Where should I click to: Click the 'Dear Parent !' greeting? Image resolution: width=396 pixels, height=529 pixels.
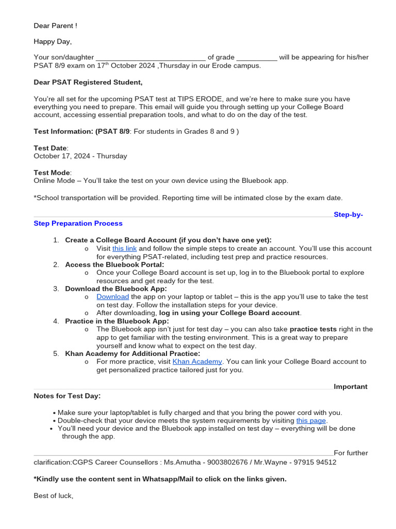(55, 25)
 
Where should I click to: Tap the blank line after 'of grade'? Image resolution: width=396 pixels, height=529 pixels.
(257, 57)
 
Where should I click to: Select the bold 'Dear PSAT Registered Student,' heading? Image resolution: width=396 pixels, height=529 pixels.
(88, 82)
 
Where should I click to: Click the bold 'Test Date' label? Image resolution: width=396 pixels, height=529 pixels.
(50, 148)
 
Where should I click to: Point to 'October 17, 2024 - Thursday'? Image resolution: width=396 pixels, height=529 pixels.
(80, 155)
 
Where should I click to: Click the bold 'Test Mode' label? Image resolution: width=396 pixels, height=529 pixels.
(52, 173)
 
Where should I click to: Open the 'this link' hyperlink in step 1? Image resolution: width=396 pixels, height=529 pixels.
(124, 248)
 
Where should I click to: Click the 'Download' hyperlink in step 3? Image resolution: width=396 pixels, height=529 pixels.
(112, 297)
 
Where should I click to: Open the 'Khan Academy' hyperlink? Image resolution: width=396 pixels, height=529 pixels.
(197, 362)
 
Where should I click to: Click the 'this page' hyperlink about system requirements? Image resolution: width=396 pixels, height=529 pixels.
(311, 421)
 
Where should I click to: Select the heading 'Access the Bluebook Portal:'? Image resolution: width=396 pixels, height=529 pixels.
(114, 264)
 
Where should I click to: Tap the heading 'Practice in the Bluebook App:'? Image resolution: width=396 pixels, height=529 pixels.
(117, 321)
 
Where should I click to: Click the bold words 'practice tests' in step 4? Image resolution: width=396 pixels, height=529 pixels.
(313, 329)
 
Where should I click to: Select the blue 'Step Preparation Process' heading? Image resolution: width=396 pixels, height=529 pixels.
(78, 223)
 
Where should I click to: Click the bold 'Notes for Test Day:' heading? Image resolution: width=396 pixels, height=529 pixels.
(67, 396)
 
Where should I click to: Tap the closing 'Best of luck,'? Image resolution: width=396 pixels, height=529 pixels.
(54, 496)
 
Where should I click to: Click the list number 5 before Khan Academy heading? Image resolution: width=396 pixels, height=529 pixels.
(56, 353)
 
